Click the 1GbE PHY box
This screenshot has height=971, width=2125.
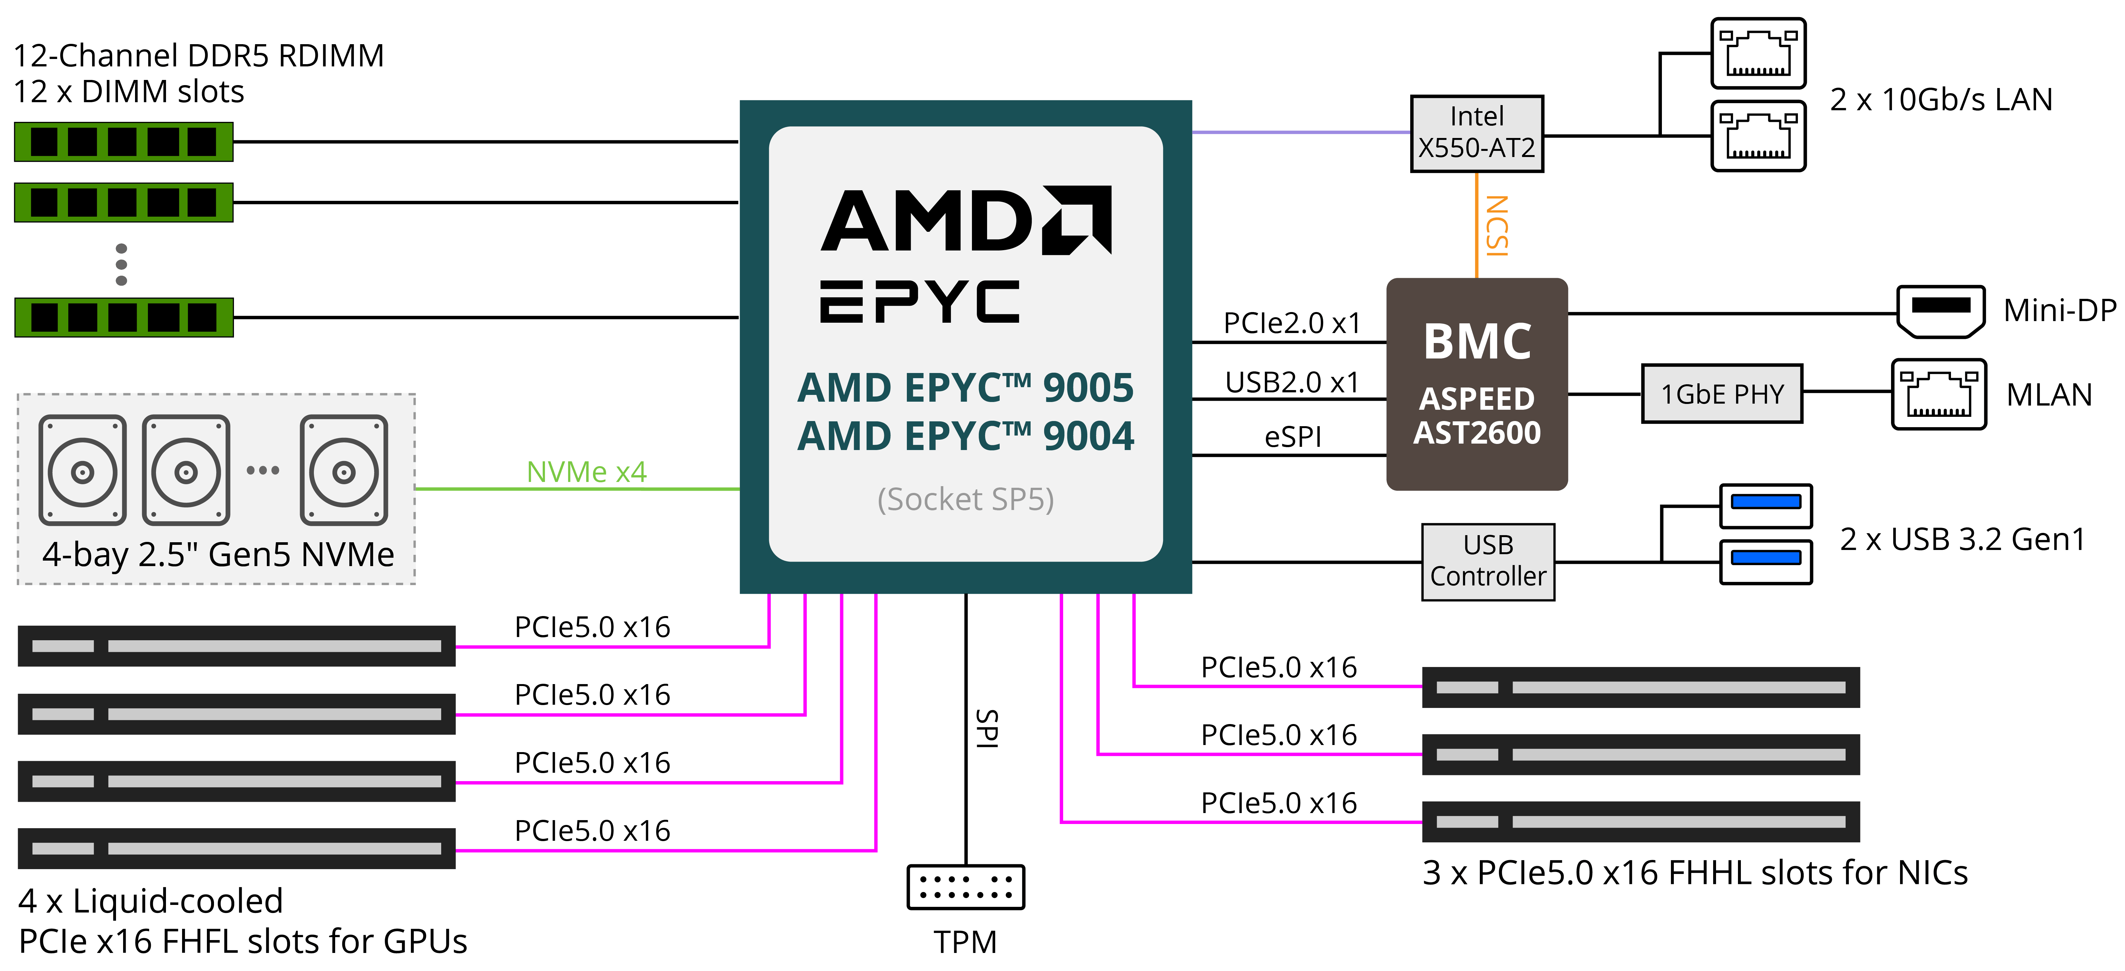[x=1722, y=394]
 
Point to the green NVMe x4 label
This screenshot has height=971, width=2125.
[x=587, y=472]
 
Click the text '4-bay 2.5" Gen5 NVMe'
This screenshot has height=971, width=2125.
[x=218, y=554]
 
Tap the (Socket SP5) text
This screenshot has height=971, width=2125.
[x=965, y=499]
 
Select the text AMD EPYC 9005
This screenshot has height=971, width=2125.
[x=965, y=388]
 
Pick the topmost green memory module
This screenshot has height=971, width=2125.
[x=124, y=142]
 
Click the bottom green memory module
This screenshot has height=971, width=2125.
[x=124, y=318]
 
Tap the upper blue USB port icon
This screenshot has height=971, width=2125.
[x=1765, y=503]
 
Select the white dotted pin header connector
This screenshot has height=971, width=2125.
[x=965, y=887]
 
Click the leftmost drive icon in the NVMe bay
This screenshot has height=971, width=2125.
[x=82, y=470]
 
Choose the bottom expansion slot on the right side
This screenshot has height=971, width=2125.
[x=1640, y=822]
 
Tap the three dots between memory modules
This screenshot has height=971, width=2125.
[x=121, y=264]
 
